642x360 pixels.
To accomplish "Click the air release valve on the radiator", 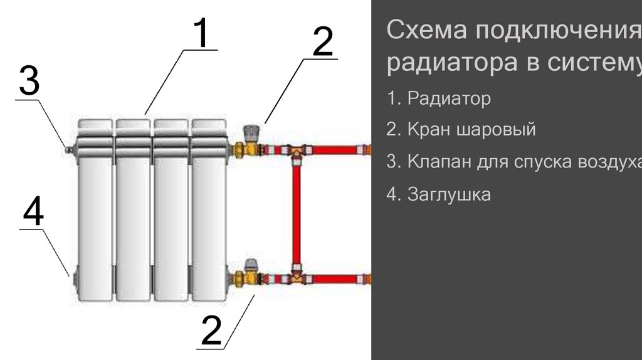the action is click(x=67, y=149).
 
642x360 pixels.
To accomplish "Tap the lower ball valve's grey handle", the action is click(x=252, y=264).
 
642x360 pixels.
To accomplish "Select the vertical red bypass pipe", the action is click(x=297, y=213).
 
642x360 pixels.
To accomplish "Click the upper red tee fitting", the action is click(x=297, y=151).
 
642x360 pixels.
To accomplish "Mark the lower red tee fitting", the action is click(x=297, y=276).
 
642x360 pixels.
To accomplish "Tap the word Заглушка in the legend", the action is click(x=448, y=194).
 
